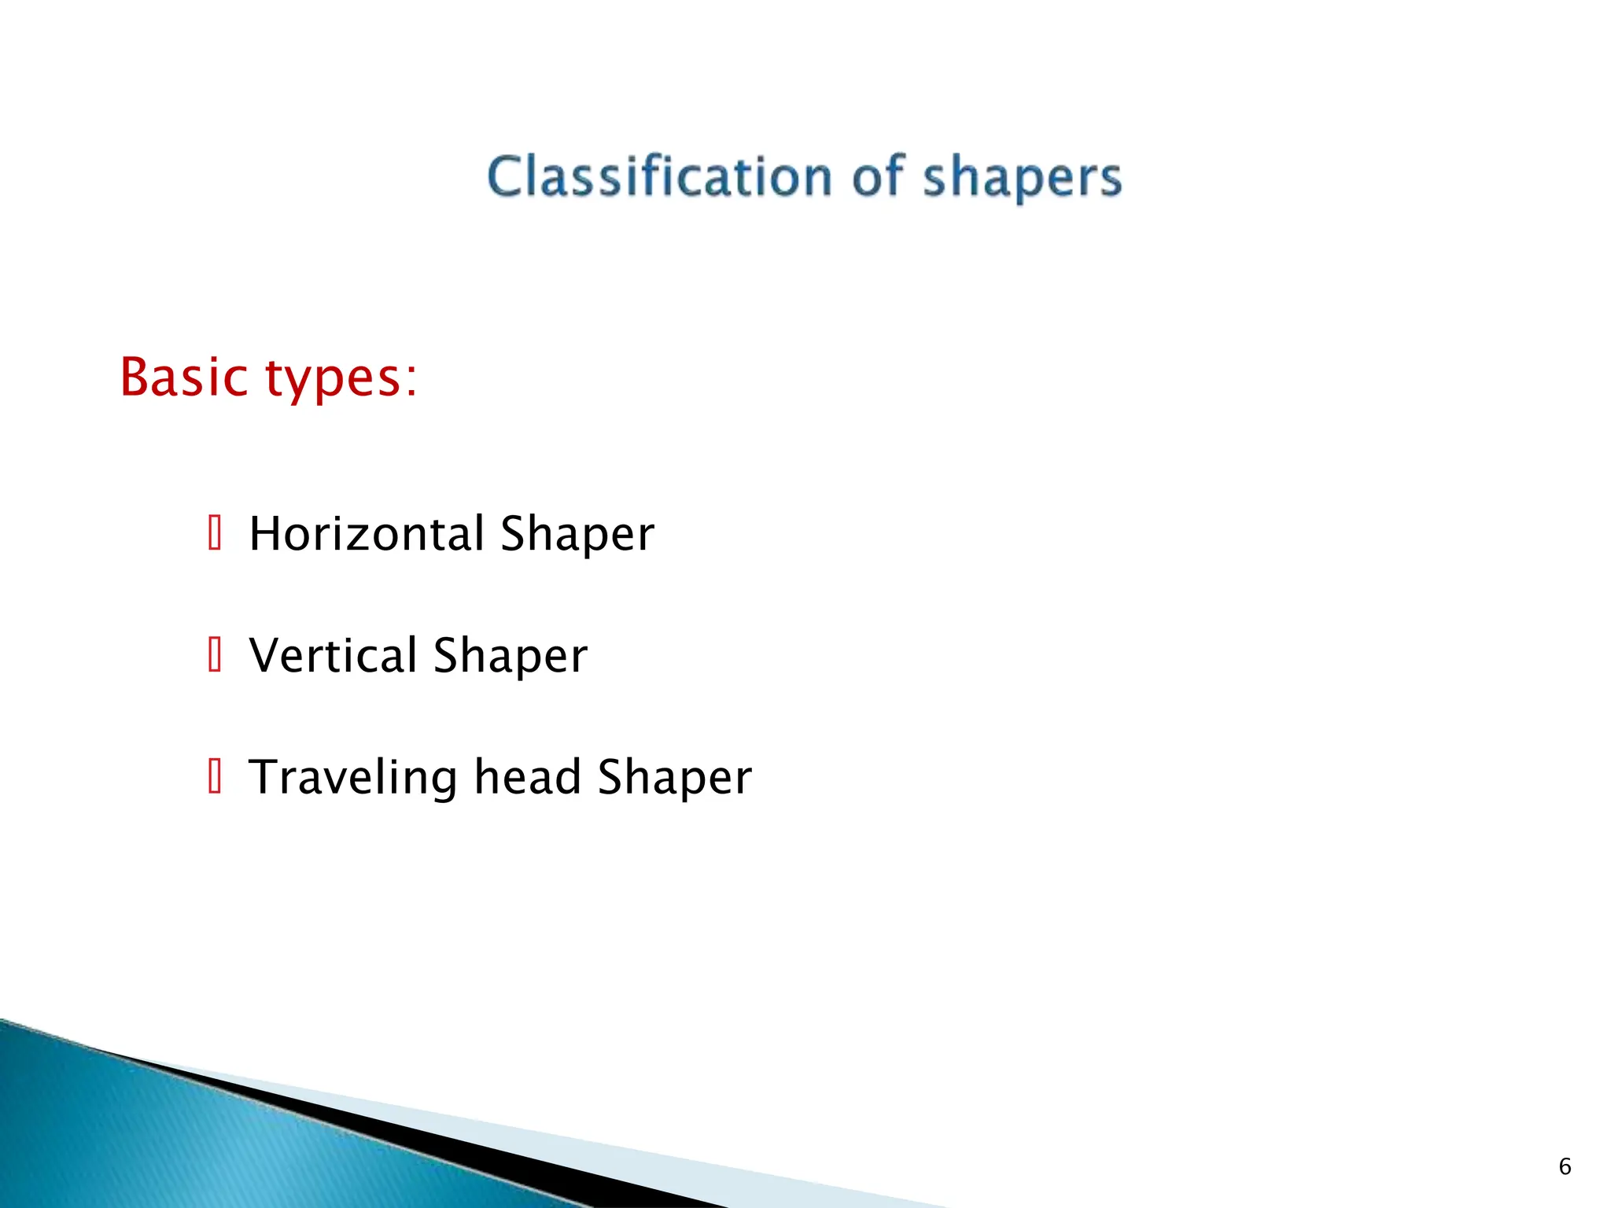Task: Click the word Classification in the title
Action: pyautogui.click(x=659, y=176)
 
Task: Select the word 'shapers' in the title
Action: pyautogui.click(x=1022, y=178)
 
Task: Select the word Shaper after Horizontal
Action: pyautogui.click(x=577, y=535)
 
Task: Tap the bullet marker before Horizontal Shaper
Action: pyautogui.click(x=215, y=532)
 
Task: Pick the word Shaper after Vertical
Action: pyautogui.click(x=510, y=656)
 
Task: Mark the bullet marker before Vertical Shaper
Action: pyautogui.click(x=215, y=654)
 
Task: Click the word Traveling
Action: pyautogui.click(x=352, y=777)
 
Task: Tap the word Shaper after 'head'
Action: pyautogui.click(x=674, y=779)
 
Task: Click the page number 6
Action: pyautogui.click(x=1565, y=1166)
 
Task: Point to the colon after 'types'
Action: pyautogui.click(x=411, y=381)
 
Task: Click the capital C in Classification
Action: pyautogui.click(x=505, y=176)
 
